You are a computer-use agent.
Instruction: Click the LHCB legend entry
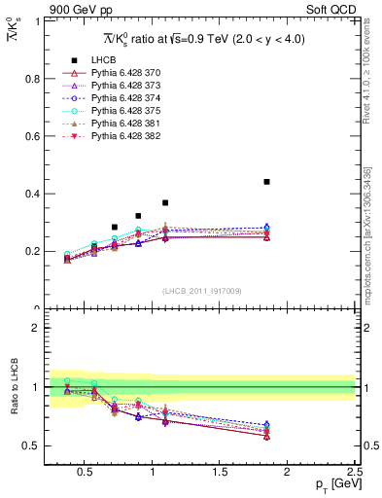[x=105, y=60]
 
